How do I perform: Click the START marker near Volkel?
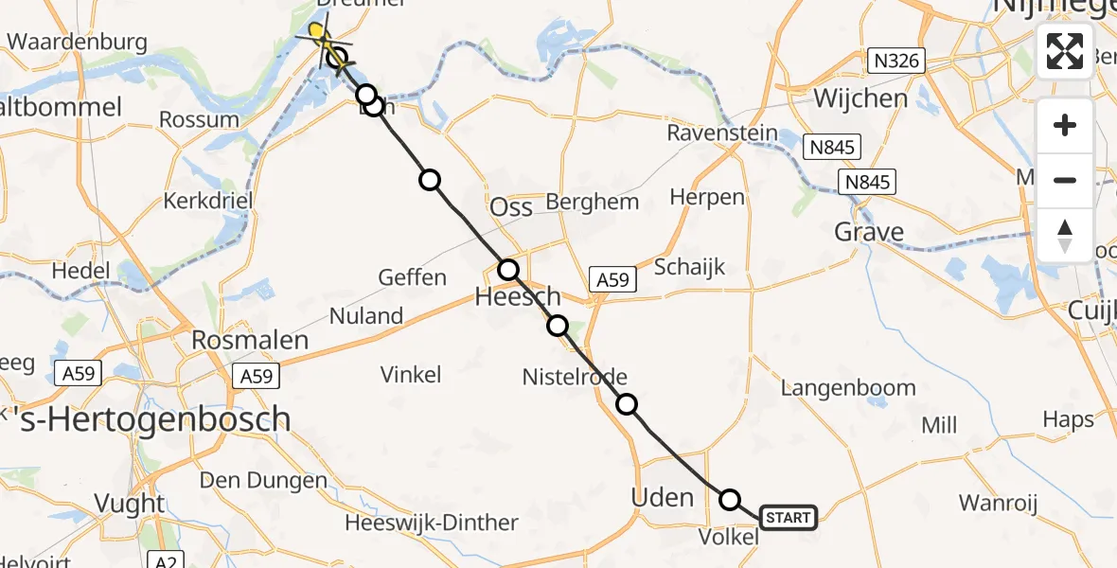(x=788, y=518)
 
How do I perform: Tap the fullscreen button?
(x=1065, y=51)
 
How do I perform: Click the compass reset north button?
(x=1065, y=236)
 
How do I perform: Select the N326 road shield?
(x=895, y=62)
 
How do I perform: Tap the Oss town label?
(x=511, y=207)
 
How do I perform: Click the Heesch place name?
(x=517, y=298)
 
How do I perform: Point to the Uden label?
(x=662, y=496)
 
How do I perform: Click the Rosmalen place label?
(x=250, y=341)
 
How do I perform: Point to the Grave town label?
(x=868, y=232)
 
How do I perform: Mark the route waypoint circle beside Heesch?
(x=509, y=269)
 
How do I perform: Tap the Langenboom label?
(x=848, y=387)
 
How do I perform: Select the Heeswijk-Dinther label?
(x=432, y=524)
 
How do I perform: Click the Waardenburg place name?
(x=77, y=42)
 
